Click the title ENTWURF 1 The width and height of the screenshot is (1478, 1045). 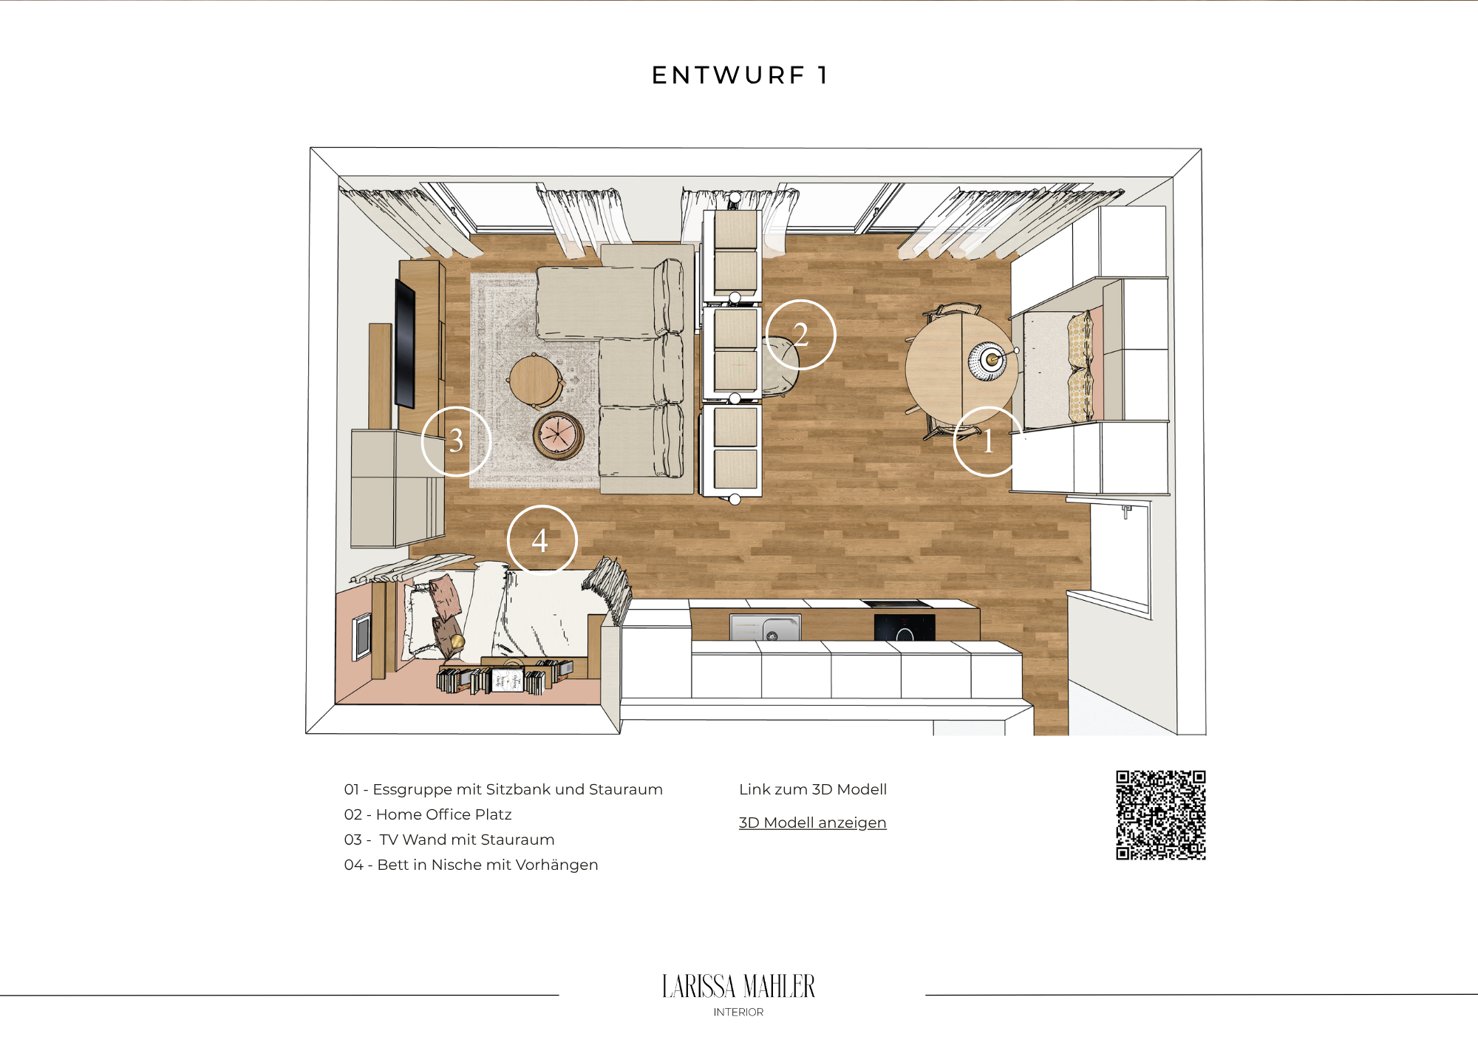(x=740, y=75)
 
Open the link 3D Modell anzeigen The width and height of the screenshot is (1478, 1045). (x=812, y=823)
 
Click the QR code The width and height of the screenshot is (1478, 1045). (x=1161, y=815)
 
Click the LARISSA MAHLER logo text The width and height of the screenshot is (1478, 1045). (x=738, y=987)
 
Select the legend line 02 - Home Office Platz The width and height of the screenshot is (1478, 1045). (x=428, y=814)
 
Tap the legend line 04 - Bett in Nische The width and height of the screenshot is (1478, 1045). (x=471, y=865)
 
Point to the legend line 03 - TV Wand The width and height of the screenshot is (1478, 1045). (x=449, y=840)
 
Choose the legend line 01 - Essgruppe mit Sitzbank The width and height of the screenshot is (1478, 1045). (x=503, y=789)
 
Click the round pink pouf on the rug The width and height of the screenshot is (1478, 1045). (x=559, y=435)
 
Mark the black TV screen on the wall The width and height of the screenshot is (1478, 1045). (x=405, y=344)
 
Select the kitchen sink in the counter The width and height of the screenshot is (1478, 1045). (x=766, y=627)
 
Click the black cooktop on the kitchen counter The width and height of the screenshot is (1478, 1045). (x=905, y=627)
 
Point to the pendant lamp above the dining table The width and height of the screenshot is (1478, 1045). (x=988, y=361)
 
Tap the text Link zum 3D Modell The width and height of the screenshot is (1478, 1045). (x=813, y=789)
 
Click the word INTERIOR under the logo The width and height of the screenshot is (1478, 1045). (x=738, y=1012)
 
